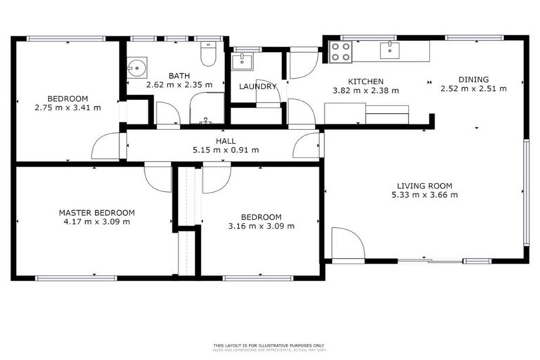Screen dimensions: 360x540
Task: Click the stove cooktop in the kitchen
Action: (341, 51)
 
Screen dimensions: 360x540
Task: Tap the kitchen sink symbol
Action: (387, 49)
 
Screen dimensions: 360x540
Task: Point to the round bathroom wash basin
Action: (137, 67)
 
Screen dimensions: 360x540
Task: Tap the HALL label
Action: (226, 141)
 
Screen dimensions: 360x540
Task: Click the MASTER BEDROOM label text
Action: (96, 212)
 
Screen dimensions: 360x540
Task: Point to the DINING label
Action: (473, 79)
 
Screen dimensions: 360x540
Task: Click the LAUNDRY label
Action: (257, 86)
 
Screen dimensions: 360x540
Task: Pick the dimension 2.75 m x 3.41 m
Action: (67, 108)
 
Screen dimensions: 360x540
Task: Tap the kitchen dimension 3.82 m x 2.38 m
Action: (366, 90)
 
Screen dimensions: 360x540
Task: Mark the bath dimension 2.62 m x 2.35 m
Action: (179, 85)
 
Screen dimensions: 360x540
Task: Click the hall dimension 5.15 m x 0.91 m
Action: (226, 150)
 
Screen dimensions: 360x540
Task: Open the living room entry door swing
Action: (347, 244)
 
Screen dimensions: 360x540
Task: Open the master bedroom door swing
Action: (157, 177)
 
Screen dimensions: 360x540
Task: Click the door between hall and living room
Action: (307, 145)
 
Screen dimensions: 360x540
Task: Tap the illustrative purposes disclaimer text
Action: (269, 346)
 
